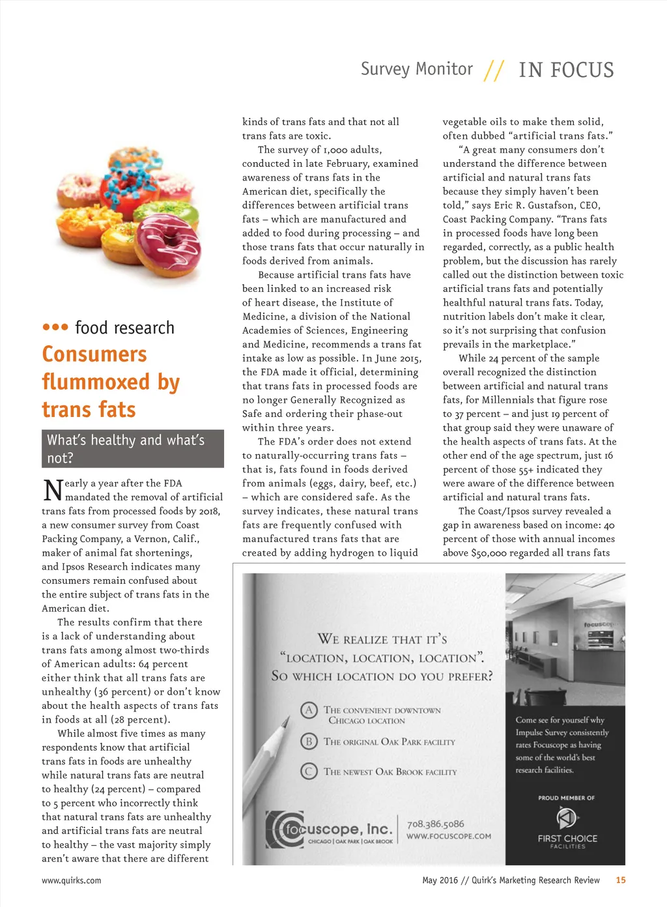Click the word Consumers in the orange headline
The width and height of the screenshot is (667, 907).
coord(94,354)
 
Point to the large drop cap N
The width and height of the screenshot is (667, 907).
coord(52,489)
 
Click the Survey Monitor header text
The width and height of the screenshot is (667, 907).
coord(417,69)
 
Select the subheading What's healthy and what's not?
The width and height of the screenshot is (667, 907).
coord(132,448)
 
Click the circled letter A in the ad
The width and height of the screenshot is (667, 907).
coord(309,710)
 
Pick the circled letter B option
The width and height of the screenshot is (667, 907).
coord(309,741)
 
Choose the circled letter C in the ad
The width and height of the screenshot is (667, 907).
coord(309,771)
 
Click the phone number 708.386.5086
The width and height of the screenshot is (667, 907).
coord(436,824)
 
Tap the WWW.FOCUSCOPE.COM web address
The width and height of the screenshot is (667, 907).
coord(449,837)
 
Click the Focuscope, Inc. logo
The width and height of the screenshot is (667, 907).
coord(330,829)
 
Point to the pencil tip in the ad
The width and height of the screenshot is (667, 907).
coord(285,721)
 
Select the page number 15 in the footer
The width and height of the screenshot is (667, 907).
coord(621,880)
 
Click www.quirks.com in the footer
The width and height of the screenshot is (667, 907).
coord(72,880)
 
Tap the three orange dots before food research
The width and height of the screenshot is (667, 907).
coord(55,327)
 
